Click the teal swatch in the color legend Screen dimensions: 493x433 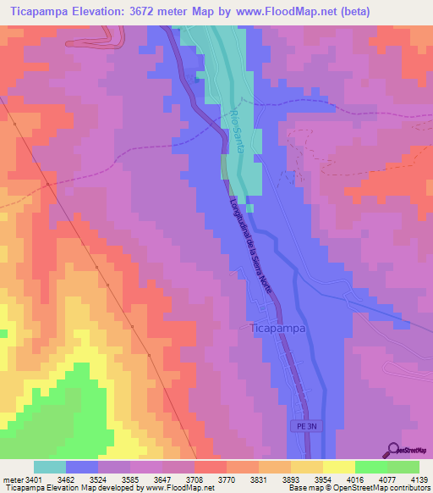click(x=50, y=467)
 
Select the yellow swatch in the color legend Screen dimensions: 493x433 click(x=338, y=467)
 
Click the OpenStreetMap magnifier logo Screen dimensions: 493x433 click(x=393, y=449)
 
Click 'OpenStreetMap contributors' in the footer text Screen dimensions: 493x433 click(x=381, y=488)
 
